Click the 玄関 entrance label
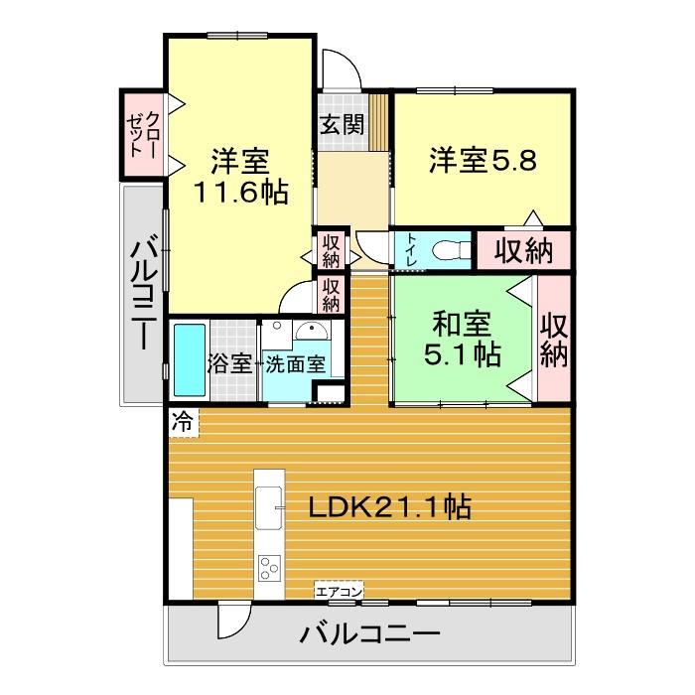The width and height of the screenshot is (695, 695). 343,124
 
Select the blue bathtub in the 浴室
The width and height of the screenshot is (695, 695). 190,359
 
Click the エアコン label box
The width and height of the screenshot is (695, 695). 339,592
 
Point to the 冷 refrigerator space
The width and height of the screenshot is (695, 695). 184,422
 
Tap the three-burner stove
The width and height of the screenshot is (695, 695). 269,568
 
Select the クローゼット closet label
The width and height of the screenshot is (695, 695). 143,134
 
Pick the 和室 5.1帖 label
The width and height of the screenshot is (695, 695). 463,339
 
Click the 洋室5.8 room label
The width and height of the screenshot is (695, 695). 483,160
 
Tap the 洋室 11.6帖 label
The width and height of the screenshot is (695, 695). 240,177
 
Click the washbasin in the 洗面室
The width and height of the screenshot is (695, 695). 312,331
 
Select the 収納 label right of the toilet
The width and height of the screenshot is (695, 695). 524,251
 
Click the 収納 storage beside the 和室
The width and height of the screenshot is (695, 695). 554,340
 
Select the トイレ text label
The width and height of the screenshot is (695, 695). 411,250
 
